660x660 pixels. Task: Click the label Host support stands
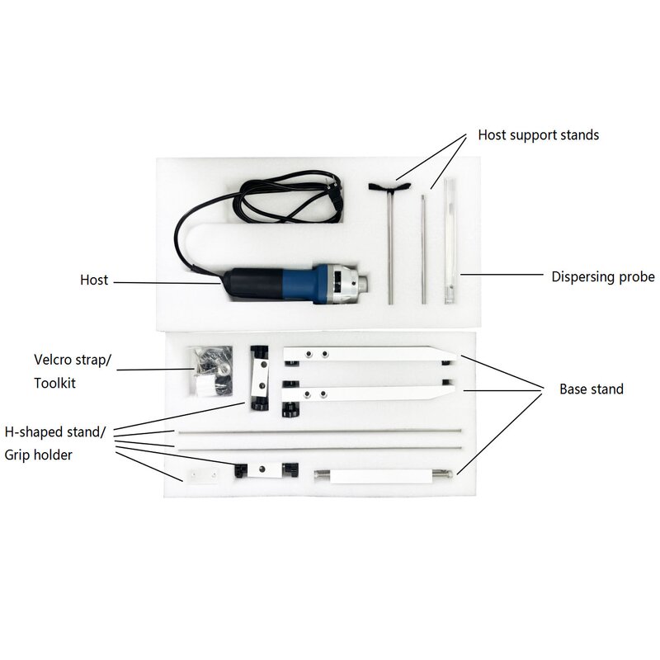[539, 134]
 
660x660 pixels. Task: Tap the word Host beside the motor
[94, 280]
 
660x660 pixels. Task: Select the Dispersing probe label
[603, 276]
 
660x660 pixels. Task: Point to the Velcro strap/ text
[70, 360]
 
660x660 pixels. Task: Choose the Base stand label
[592, 389]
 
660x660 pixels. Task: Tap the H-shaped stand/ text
[55, 431]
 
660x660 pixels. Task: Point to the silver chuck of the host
[351, 280]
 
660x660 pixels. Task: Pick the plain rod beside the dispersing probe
[423, 247]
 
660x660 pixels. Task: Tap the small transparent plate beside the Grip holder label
[200, 477]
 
